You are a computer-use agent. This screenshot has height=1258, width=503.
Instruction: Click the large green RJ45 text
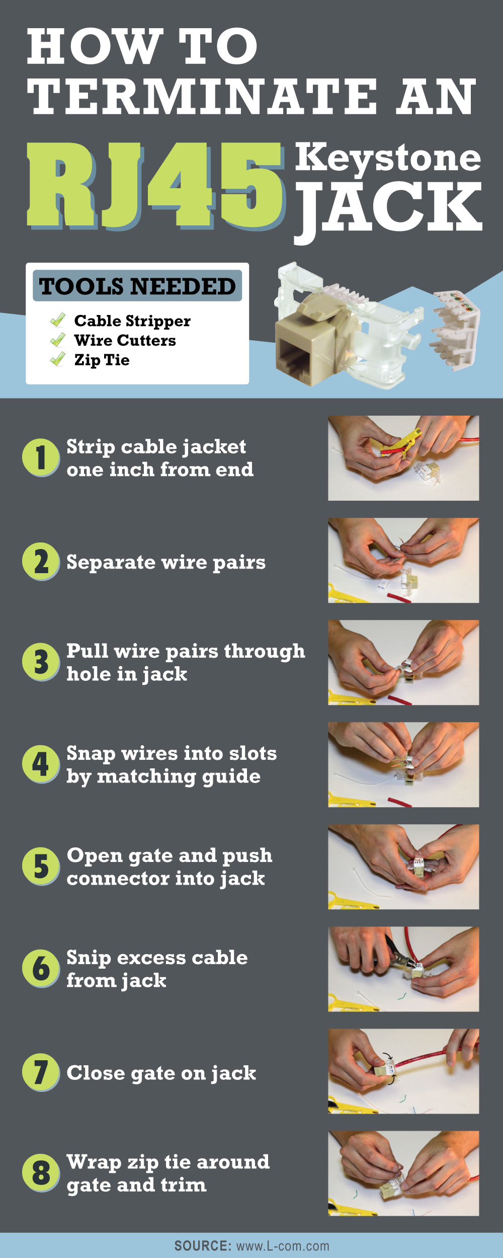155,185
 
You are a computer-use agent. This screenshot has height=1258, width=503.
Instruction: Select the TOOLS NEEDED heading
137,286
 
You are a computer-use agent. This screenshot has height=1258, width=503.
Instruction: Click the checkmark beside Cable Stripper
58,320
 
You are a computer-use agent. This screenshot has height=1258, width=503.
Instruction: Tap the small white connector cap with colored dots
454,330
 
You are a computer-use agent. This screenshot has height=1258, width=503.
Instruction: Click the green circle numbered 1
41,458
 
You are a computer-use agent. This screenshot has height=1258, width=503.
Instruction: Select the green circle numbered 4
41,764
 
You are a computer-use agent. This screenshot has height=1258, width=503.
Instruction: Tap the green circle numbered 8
41,1172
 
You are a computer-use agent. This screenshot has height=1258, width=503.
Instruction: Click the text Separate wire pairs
166,563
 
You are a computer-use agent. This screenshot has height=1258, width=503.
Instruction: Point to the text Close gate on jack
161,1073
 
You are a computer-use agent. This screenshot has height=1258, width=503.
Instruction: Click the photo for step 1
403,458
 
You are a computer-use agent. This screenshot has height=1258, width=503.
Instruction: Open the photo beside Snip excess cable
403,969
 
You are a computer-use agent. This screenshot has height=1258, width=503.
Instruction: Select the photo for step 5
403,867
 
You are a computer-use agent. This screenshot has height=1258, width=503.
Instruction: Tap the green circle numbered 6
41,969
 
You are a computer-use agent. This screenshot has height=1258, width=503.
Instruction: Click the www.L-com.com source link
283,1246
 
